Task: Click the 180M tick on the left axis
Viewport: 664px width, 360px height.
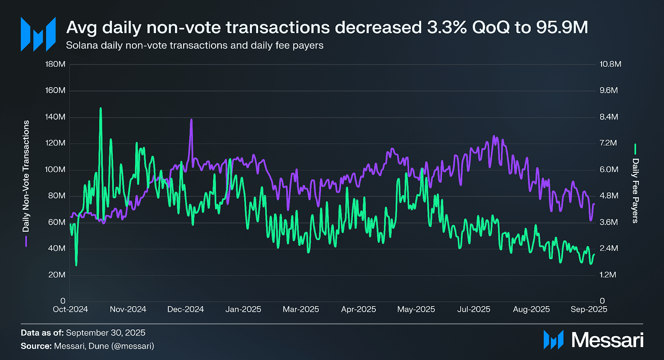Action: (x=55, y=64)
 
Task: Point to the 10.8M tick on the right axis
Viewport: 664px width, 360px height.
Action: (x=610, y=64)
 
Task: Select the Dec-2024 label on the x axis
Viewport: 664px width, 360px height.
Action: (x=186, y=309)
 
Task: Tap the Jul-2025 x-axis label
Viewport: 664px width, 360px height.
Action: (x=474, y=309)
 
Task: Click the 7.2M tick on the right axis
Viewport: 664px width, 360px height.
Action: (x=608, y=143)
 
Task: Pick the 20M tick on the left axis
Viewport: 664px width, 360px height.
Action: (x=57, y=275)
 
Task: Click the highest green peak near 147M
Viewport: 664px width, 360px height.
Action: (x=100, y=109)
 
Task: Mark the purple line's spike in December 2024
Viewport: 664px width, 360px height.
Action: (x=191, y=120)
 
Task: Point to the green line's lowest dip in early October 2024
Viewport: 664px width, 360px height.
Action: (x=76, y=265)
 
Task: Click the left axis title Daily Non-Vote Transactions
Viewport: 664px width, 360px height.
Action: (x=26, y=176)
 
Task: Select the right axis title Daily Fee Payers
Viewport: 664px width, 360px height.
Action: (x=635, y=191)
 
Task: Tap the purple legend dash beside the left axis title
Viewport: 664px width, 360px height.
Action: (x=26, y=241)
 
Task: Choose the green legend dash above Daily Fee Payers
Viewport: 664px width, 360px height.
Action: (x=635, y=149)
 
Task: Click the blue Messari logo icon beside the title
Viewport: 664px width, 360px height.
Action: (x=38, y=34)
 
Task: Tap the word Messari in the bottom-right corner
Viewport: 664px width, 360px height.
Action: (x=607, y=340)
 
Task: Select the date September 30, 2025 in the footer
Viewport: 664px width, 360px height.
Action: (x=105, y=333)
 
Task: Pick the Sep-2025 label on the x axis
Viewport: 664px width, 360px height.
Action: (x=588, y=309)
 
